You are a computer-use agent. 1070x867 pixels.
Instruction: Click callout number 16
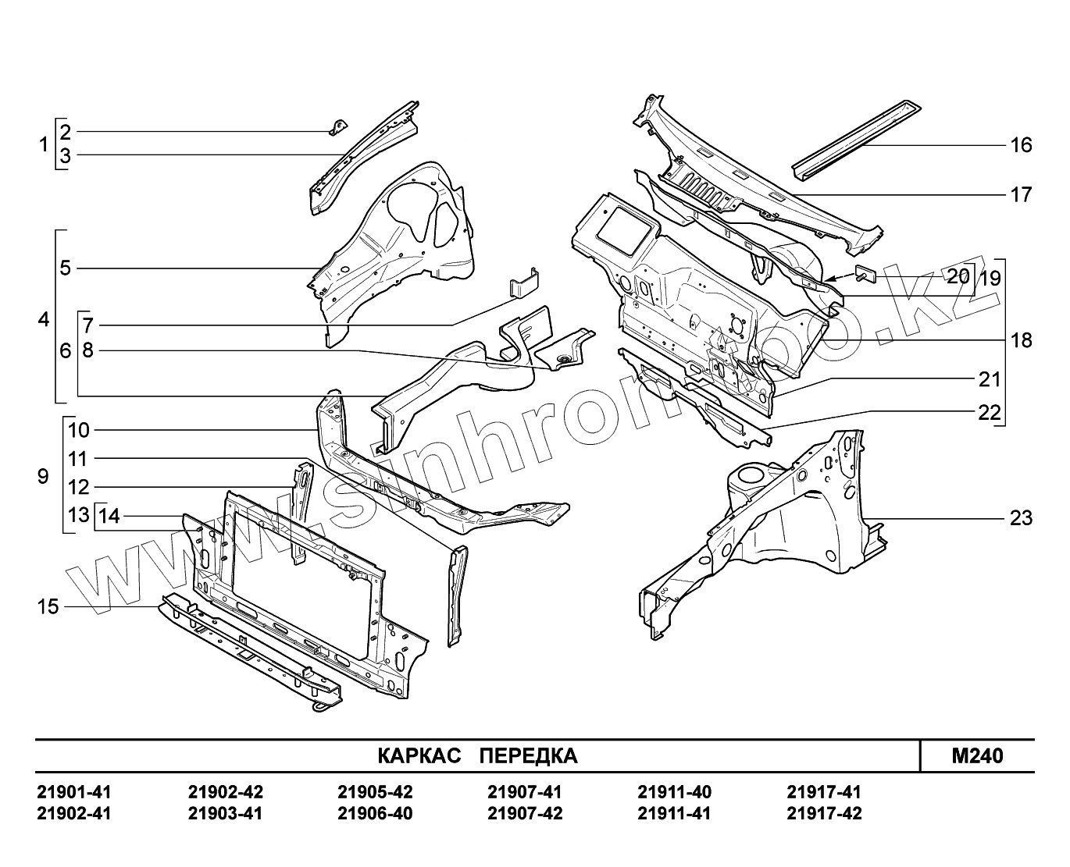coord(1021,145)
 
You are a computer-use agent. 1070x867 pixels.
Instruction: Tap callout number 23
coord(1021,518)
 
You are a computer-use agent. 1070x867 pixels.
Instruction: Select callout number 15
coord(48,606)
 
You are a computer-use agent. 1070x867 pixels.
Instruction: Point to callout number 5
coord(66,268)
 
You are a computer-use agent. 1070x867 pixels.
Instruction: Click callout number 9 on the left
coord(43,476)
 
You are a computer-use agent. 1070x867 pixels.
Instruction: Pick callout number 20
coord(958,275)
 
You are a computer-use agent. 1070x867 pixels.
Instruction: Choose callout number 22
coord(990,413)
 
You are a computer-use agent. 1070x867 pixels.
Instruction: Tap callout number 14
coord(110,516)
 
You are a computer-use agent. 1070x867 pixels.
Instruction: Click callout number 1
coord(44,144)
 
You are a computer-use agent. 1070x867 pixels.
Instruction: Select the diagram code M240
coord(977,756)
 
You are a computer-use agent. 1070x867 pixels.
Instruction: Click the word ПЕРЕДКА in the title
coord(528,756)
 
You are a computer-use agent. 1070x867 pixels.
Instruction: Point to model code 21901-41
coord(74,793)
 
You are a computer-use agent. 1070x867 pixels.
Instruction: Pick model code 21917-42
coord(824,814)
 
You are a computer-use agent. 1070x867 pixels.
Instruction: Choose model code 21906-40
coord(375,814)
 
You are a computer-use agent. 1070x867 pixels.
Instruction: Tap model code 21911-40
coord(675,793)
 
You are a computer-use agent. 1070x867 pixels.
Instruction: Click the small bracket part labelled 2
coord(338,126)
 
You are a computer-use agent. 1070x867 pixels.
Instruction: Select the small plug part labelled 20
coord(868,273)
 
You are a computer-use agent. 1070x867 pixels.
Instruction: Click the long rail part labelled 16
coord(855,133)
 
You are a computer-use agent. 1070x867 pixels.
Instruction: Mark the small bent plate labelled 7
coord(524,282)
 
